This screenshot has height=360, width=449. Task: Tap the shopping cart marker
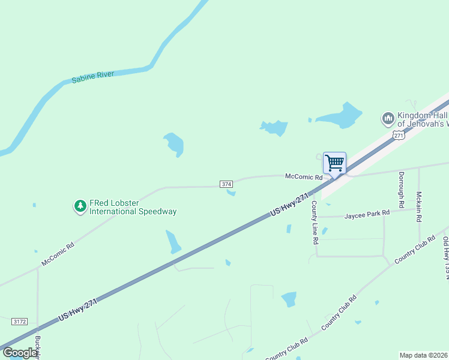(x=334, y=163)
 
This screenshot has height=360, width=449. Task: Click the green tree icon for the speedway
(x=80, y=207)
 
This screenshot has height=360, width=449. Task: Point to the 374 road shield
(x=226, y=184)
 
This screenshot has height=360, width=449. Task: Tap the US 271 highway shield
(x=399, y=135)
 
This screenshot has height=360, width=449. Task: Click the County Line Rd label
(x=314, y=222)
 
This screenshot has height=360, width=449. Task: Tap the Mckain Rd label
(x=419, y=207)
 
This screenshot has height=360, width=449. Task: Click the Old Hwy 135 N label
(x=445, y=258)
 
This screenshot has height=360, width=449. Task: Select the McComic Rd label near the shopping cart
(x=304, y=176)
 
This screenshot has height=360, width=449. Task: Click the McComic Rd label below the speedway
(x=58, y=254)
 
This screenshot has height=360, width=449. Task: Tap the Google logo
(x=20, y=353)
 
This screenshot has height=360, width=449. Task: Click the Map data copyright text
(x=423, y=355)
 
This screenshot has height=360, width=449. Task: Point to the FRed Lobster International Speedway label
(x=133, y=207)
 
